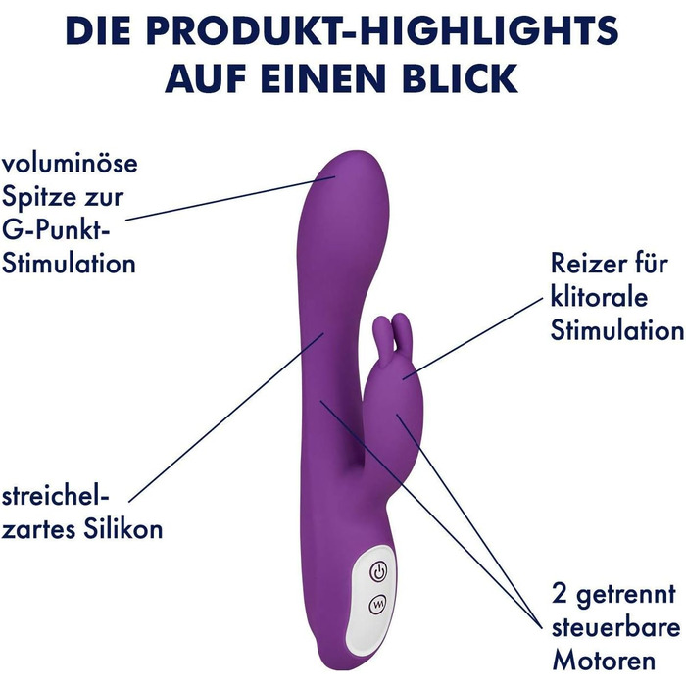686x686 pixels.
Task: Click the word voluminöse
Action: pyautogui.click(x=70, y=163)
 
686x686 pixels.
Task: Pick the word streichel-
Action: pyautogui.click(x=55, y=496)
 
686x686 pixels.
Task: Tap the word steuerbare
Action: pyautogui.click(x=615, y=627)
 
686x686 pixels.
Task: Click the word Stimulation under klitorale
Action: pyautogui.click(x=616, y=330)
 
